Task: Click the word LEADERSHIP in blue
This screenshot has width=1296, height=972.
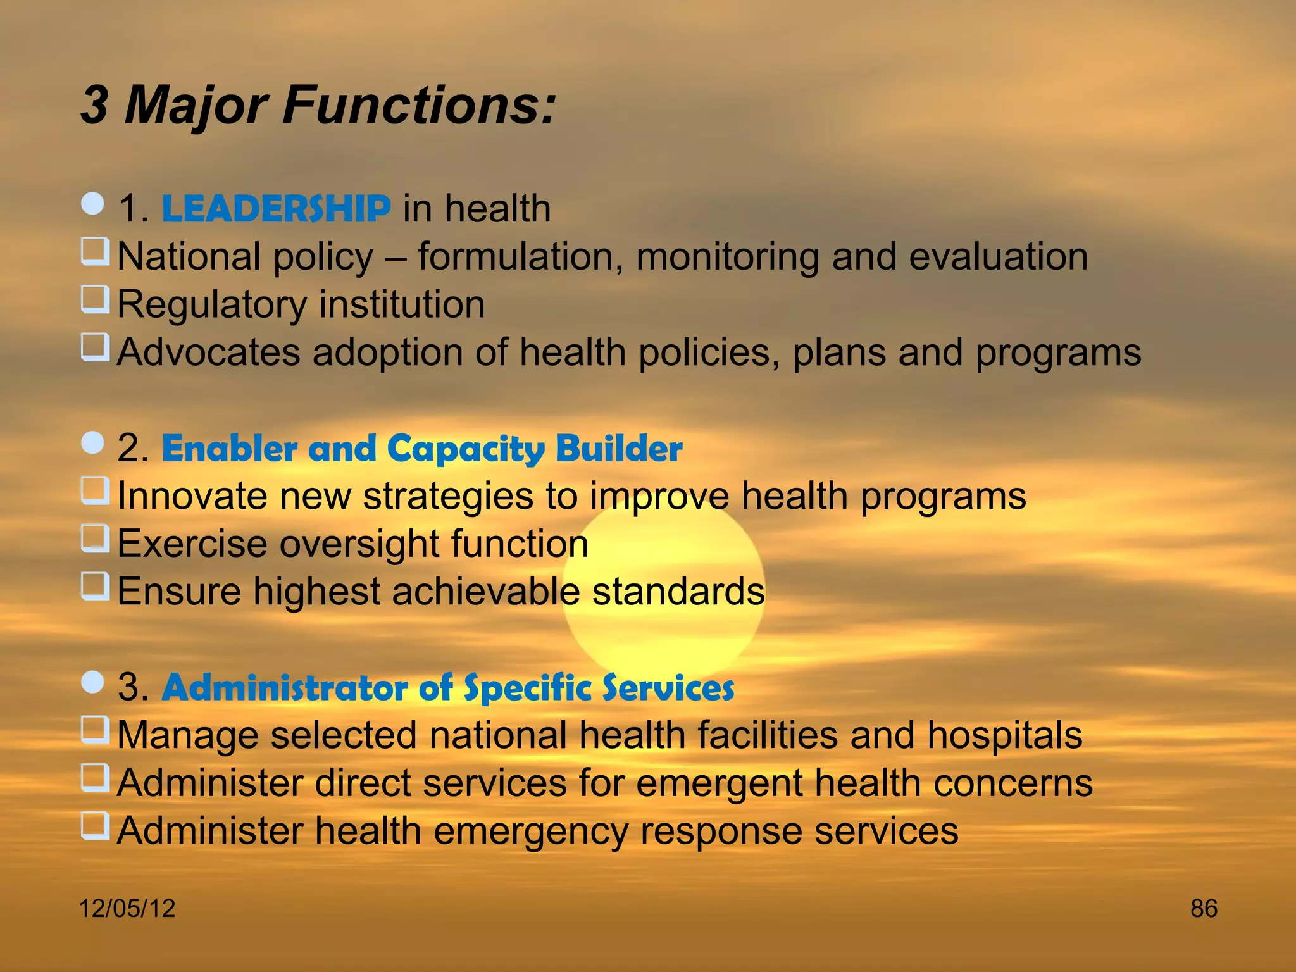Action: [276, 209]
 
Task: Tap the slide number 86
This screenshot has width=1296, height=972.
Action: [1204, 909]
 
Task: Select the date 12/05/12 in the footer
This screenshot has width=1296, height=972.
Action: [127, 909]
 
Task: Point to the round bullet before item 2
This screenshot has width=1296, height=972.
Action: [93, 443]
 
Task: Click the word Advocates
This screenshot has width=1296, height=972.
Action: [209, 352]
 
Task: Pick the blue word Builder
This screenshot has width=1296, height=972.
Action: [618, 449]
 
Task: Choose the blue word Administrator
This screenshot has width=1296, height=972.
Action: [285, 688]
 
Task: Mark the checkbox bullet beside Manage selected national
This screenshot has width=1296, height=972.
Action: [95, 730]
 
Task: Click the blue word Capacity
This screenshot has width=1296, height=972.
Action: [465, 449]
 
